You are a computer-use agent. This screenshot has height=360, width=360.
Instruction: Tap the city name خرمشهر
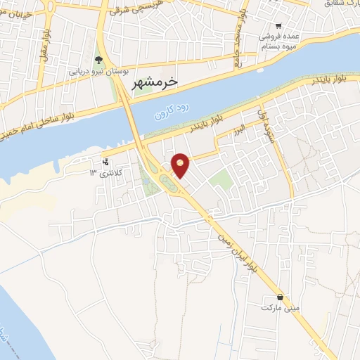pos(155,82)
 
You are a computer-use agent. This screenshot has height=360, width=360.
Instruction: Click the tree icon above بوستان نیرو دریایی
pos(99,60)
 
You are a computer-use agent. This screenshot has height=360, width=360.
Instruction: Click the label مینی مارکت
pos(280,308)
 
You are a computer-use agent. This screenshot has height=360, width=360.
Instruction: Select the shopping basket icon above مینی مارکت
pos(281,297)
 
